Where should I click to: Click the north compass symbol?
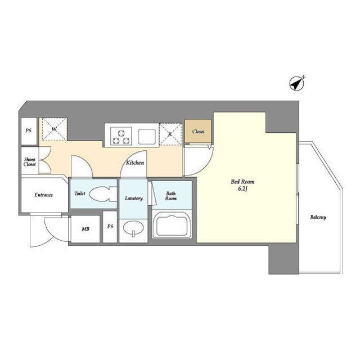(296, 84)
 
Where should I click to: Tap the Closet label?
(198, 132)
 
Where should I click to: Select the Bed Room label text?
(242, 182)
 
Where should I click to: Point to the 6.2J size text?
(242, 189)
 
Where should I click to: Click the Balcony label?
(318, 217)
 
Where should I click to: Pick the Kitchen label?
(135, 163)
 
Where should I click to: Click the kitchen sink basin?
(147, 136)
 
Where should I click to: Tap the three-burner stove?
(121, 136)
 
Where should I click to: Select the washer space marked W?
(55, 129)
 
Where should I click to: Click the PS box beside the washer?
(29, 131)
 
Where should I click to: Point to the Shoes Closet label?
(30, 161)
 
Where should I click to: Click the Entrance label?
(44, 195)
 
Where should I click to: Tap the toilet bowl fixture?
(103, 194)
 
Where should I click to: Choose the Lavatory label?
(134, 198)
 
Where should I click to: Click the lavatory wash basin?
(133, 228)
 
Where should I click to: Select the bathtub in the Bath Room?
(172, 225)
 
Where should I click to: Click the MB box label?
(85, 229)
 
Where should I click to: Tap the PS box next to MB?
(110, 227)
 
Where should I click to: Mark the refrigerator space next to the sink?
(170, 134)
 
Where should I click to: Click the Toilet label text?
(80, 193)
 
